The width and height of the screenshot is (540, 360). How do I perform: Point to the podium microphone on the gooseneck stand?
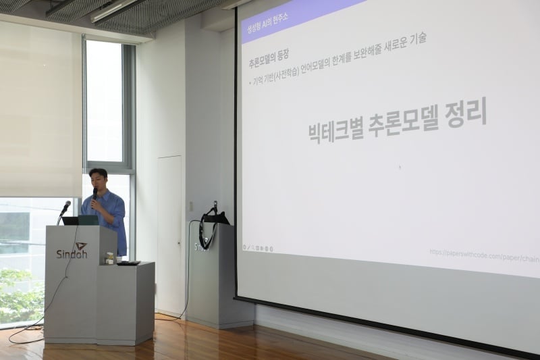[65, 207]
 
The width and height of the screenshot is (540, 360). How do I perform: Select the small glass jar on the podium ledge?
[109, 257]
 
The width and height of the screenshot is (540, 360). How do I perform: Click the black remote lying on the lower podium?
[128, 263]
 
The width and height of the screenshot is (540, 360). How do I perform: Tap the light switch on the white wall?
[191, 206]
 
